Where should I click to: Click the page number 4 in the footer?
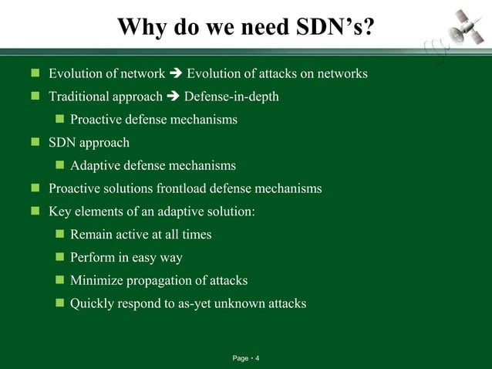click(x=258, y=359)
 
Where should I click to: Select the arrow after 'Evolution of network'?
click(x=176, y=74)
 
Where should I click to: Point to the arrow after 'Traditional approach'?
click(x=173, y=97)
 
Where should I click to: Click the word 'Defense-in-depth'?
click(x=231, y=97)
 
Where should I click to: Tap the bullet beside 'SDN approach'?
click(x=35, y=143)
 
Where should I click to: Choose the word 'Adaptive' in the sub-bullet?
click(x=96, y=166)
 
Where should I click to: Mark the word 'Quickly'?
click(x=93, y=303)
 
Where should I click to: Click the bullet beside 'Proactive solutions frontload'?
click(x=35, y=188)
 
